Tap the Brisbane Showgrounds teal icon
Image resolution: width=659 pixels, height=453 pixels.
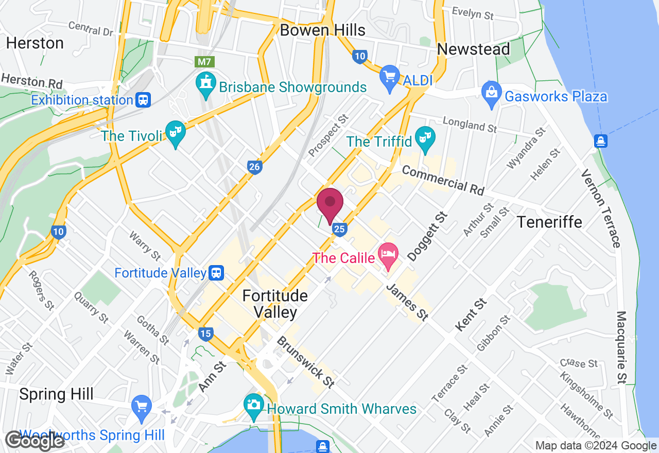tap(205, 85)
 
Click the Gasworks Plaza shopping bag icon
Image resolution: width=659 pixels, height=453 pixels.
tap(492, 93)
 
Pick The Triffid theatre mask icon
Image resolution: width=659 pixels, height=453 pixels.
tap(425, 139)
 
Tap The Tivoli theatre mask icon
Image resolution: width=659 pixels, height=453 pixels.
tap(176, 134)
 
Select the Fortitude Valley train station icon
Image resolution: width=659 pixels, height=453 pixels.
tap(217, 273)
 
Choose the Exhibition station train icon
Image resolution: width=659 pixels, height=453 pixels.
tap(143, 100)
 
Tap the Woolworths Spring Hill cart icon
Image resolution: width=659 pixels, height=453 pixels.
tap(142, 408)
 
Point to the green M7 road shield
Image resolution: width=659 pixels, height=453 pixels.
tap(205, 62)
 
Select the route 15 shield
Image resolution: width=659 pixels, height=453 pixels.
tap(205, 334)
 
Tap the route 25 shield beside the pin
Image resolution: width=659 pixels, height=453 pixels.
tap(339, 230)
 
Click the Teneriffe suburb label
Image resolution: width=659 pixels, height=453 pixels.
tap(549, 222)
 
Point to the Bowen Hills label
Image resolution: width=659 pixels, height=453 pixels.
tap(322, 30)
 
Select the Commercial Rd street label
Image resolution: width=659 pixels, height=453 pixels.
tap(443, 180)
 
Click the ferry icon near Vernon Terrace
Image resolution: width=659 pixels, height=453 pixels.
tap(600, 141)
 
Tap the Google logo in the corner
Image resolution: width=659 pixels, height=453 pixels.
tap(35, 441)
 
